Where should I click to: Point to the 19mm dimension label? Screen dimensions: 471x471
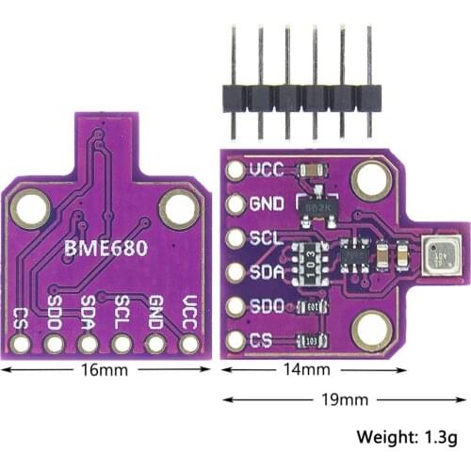coord(345,400)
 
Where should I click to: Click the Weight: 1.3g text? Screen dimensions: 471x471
coord(407,437)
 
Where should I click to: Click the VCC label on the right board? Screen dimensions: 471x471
coord(268,171)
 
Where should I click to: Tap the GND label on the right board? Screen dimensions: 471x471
coord(268,203)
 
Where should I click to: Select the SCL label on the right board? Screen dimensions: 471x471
coord(267,237)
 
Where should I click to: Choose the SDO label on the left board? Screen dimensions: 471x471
coord(54,311)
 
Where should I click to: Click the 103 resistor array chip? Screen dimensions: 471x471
coord(308,256)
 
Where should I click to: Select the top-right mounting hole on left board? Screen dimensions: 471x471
coord(178,208)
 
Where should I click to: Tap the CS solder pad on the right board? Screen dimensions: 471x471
coord(236,340)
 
